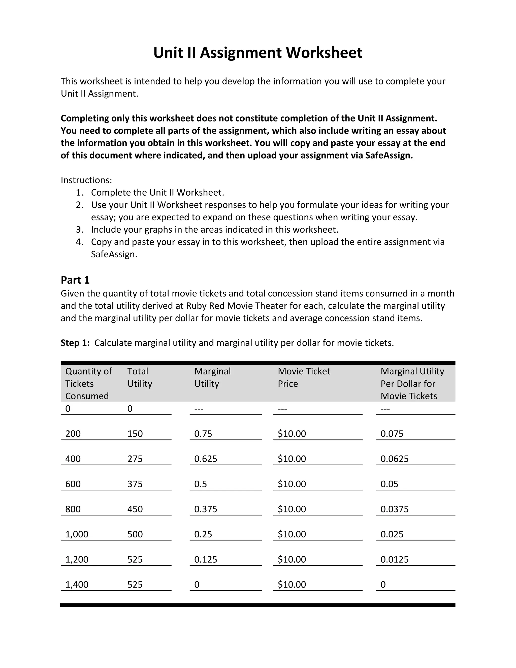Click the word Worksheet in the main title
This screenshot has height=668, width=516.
(x=324, y=53)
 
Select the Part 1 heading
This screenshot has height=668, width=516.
(x=75, y=280)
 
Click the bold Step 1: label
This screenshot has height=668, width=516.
(x=75, y=343)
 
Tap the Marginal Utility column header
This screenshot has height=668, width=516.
(x=212, y=377)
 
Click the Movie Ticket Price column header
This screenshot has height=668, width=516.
(x=304, y=377)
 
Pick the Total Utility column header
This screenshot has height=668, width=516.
(x=139, y=377)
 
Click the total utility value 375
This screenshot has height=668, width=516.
(x=135, y=484)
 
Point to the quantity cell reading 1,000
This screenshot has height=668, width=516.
(x=77, y=534)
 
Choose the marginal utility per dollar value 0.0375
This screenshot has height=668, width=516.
(x=394, y=509)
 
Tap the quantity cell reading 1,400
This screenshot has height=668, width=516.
(x=77, y=585)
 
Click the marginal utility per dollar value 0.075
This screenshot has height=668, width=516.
(x=392, y=434)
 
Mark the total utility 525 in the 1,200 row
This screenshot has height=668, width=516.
(x=135, y=559)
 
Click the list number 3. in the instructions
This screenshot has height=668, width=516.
(x=79, y=229)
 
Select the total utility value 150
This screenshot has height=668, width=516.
(x=135, y=434)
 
